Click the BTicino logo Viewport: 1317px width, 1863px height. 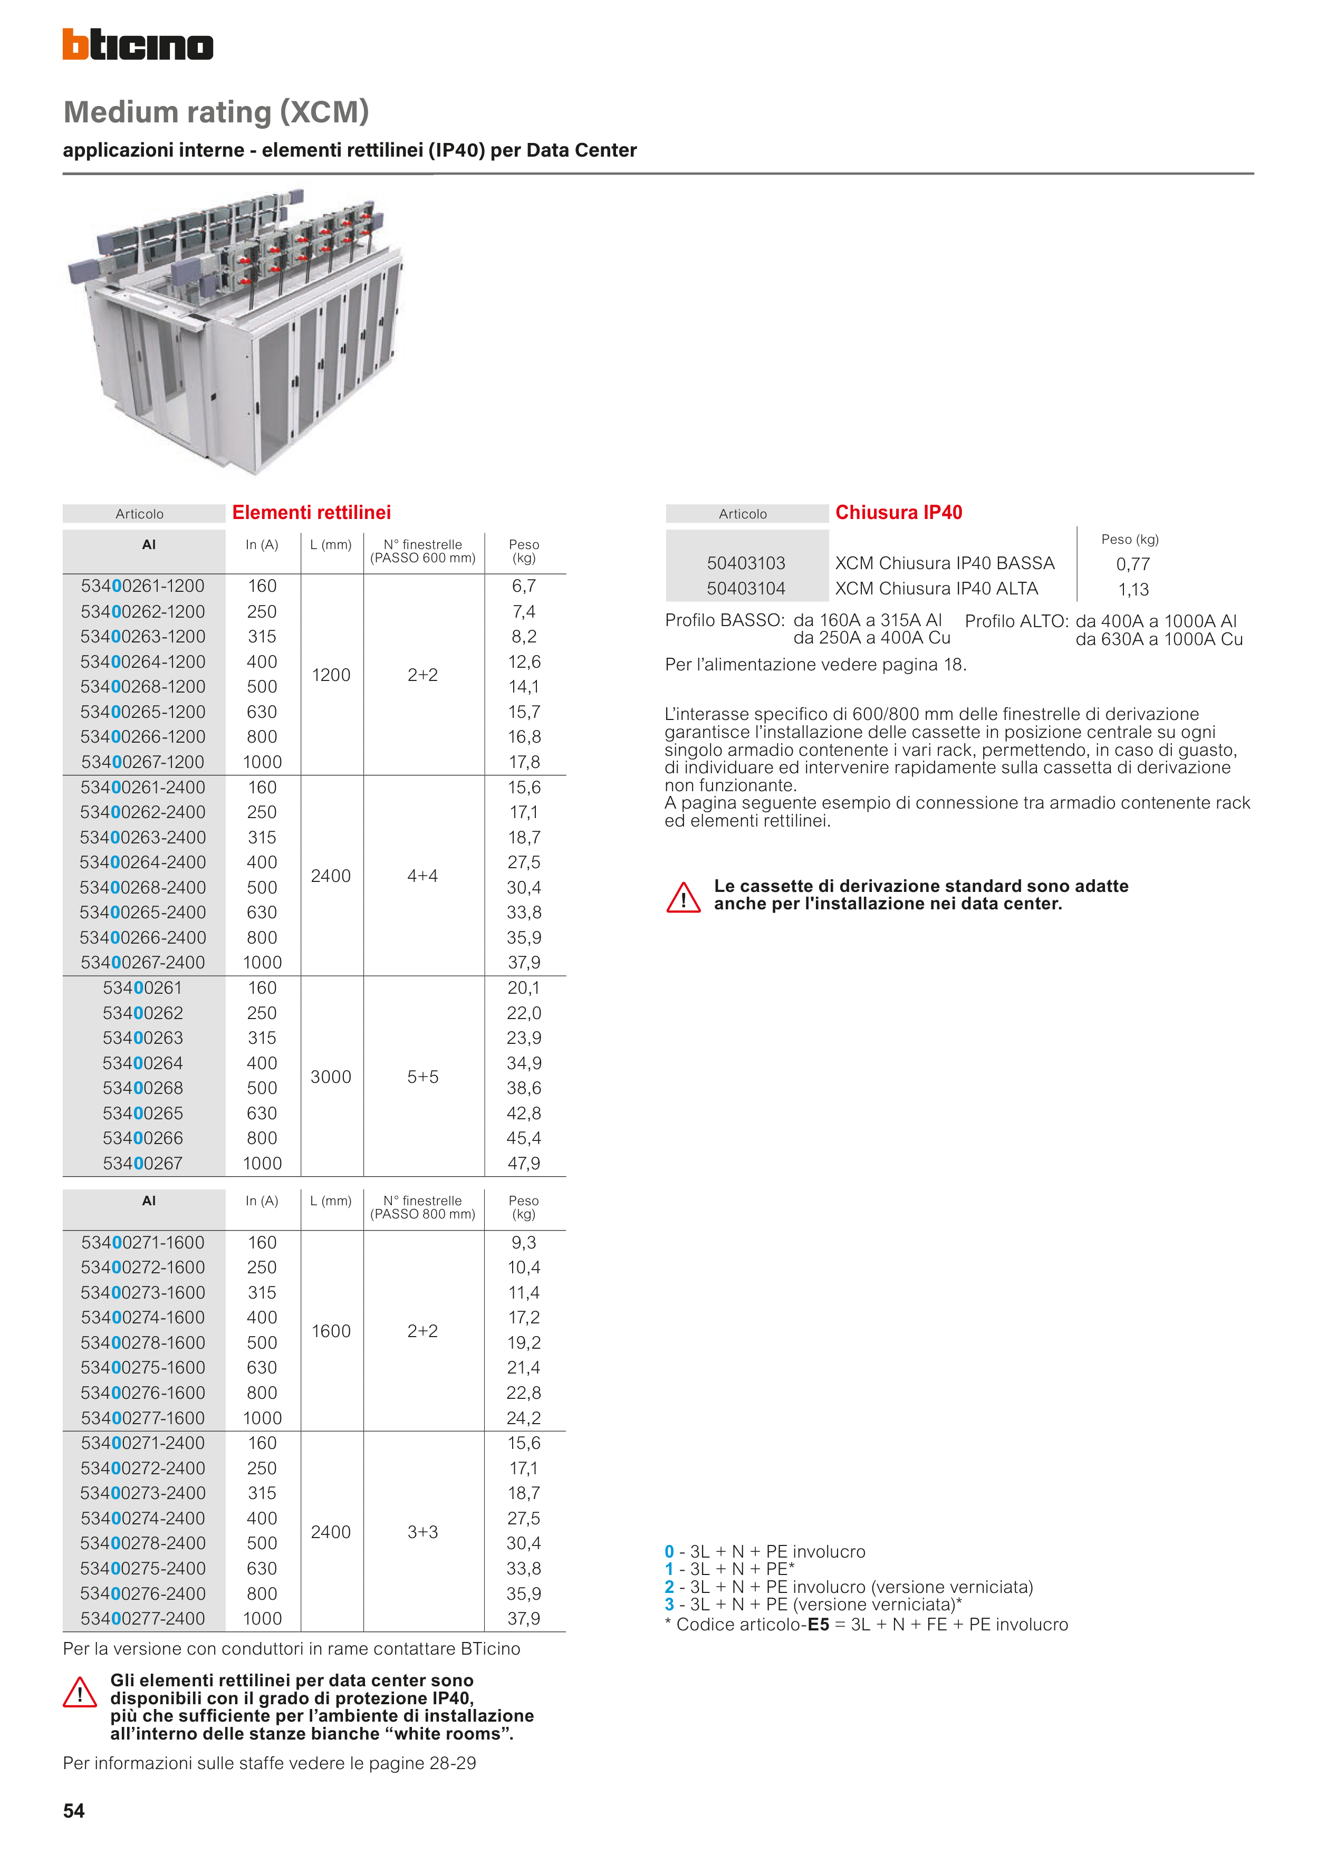pyautogui.click(x=138, y=45)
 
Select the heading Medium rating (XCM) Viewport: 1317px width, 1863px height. pyautogui.click(x=216, y=112)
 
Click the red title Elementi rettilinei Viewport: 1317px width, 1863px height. pyautogui.click(x=312, y=513)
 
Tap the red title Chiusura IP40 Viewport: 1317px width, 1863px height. pyautogui.click(x=898, y=513)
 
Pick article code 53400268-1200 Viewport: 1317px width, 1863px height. pyautogui.click(x=143, y=686)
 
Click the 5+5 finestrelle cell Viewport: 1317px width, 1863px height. pyautogui.click(x=423, y=1077)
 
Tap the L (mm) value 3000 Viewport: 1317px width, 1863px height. pyautogui.click(x=331, y=1077)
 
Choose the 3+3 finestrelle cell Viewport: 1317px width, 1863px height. pyautogui.click(x=423, y=1532)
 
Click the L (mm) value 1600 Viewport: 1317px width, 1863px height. pyautogui.click(x=331, y=1331)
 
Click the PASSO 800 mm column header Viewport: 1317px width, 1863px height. pyautogui.click(x=423, y=1207)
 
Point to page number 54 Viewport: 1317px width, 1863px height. pyautogui.click(x=74, y=1811)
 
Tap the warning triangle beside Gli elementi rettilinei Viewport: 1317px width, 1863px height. pyautogui.click(x=80, y=1693)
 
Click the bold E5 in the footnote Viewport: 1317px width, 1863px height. pyautogui.click(x=818, y=1625)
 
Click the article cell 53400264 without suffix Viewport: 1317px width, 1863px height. pyautogui.click(x=143, y=1063)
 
